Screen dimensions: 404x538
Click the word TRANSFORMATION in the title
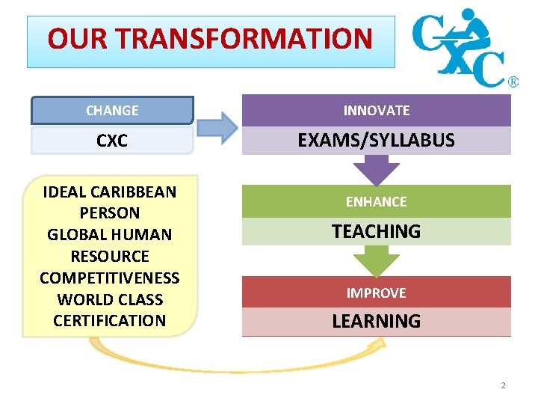click(247, 39)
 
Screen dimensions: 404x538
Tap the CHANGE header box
click(112, 110)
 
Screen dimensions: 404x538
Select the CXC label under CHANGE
click(112, 141)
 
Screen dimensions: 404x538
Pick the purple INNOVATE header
click(377, 110)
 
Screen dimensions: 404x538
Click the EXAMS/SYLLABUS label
click(377, 141)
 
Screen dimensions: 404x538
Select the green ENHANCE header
click(377, 201)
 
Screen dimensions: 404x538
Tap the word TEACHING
click(377, 232)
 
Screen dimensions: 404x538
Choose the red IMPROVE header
click(377, 293)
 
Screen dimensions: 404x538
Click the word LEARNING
click(377, 322)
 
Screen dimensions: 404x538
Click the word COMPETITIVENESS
click(110, 278)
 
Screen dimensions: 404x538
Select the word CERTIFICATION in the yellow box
click(110, 320)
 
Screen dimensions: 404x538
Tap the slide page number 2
click(503, 385)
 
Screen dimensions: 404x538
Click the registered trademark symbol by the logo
click(513, 82)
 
